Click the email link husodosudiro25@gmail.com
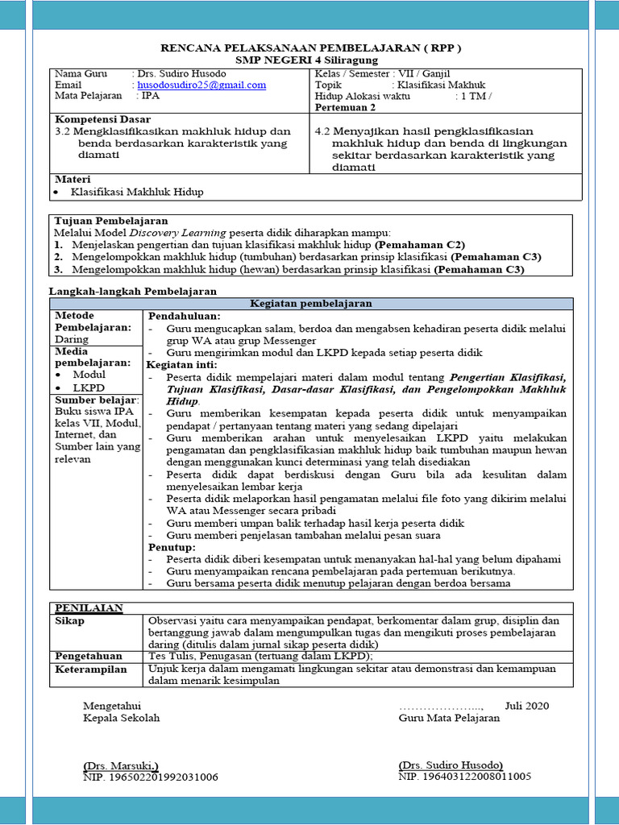201,85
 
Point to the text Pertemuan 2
345,107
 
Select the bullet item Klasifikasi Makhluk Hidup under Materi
137,192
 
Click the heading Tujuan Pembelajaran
110,220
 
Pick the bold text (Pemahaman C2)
420,244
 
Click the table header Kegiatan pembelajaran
312,303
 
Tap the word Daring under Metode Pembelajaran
72,339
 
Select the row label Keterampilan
91,669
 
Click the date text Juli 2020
526,705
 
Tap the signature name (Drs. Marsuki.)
121,765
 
